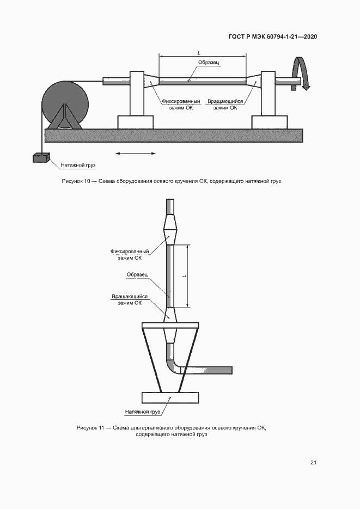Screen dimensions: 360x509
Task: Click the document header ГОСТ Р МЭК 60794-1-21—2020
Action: pyautogui.click(x=273, y=36)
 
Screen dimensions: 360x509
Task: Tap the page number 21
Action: pyautogui.click(x=313, y=463)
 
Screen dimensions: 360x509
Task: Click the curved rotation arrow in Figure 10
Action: pyautogui.click(x=301, y=73)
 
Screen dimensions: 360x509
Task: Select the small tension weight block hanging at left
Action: pyautogui.click(x=41, y=157)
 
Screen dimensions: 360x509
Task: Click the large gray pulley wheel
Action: pyautogui.click(x=65, y=105)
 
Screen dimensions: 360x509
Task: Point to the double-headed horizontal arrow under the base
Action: pyautogui.click(x=136, y=153)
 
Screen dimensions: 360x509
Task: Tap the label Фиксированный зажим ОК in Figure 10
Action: pyautogui.click(x=181, y=105)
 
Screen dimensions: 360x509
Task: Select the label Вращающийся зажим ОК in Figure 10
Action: pyautogui.click(x=225, y=105)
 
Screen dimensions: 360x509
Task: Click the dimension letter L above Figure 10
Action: pyautogui.click(x=199, y=53)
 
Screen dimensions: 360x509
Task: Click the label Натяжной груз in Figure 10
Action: pyautogui.click(x=78, y=165)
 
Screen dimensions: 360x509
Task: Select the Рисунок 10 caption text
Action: pyautogui.click(x=172, y=181)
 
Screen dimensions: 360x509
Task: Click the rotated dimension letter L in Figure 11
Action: pyautogui.click(x=185, y=276)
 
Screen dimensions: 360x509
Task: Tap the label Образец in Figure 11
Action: pyautogui.click(x=137, y=274)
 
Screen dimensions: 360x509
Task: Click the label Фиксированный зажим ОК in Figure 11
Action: pyautogui.click(x=130, y=255)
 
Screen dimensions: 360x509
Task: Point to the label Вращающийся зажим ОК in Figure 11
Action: pyautogui.click(x=130, y=299)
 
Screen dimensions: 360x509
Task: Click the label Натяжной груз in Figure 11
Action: pyautogui.click(x=143, y=412)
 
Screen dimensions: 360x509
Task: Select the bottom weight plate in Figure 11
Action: pyautogui.click(x=170, y=397)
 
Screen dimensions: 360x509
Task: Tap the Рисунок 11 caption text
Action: pyautogui.click(x=172, y=431)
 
